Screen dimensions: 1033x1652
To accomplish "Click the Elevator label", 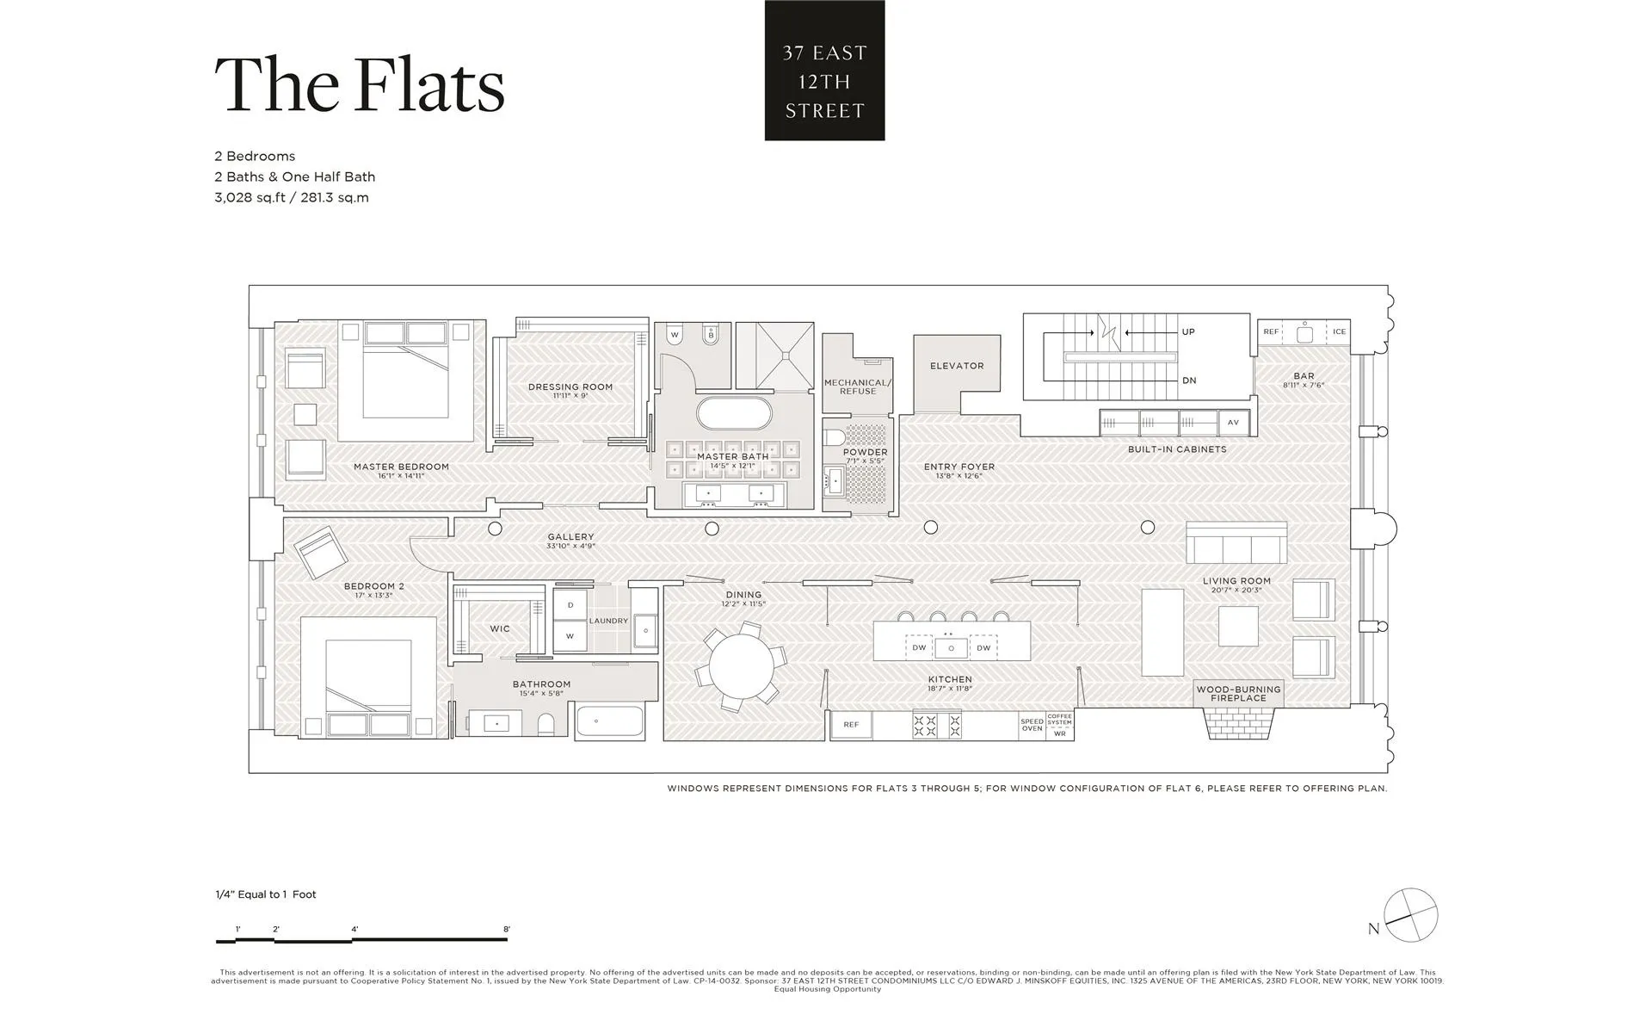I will point(956,366).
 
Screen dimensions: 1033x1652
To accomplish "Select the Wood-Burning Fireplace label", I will point(1238,694).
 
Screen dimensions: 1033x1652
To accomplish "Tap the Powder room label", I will point(865,452).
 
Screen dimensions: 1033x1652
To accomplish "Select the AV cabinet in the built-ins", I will point(1232,423).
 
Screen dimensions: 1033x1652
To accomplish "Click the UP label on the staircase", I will point(1188,331).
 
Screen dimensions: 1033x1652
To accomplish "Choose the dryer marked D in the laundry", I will point(570,605).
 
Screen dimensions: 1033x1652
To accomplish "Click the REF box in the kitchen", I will point(851,725).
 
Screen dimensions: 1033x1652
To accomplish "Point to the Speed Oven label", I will point(1032,725).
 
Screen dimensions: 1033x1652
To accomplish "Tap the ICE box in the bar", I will point(1339,331).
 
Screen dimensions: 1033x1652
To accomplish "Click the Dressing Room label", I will point(570,387).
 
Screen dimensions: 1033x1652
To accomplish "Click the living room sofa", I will point(1236,542).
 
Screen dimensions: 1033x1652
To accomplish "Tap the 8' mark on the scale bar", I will point(507,930).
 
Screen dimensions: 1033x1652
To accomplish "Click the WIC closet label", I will point(500,629).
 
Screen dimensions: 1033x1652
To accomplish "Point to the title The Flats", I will point(359,84).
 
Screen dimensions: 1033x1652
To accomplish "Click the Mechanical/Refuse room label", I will point(857,387).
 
